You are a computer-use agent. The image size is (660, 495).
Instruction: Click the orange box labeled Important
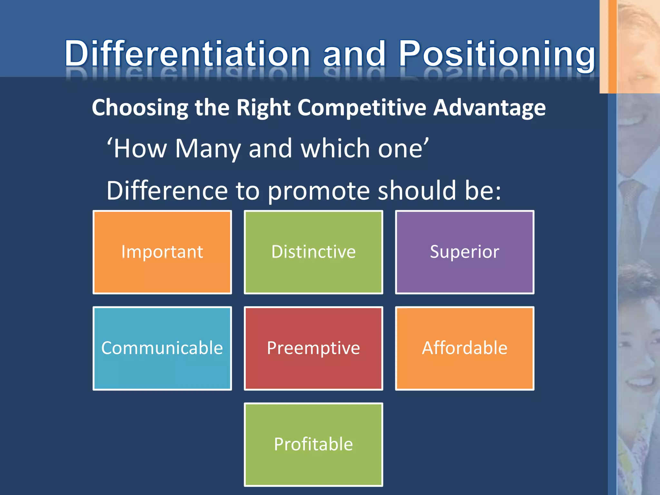click(x=162, y=252)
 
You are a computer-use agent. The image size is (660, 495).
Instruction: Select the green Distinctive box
click(x=313, y=252)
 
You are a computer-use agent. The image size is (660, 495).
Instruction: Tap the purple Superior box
click(x=464, y=252)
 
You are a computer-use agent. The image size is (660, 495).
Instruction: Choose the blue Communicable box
click(x=162, y=348)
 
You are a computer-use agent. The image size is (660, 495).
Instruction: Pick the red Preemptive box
click(x=313, y=348)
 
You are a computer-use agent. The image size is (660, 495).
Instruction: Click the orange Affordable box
click(x=464, y=348)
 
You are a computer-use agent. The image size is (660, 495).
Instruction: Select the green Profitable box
click(x=313, y=444)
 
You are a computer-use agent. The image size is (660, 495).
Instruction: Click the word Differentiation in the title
click(x=187, y=53)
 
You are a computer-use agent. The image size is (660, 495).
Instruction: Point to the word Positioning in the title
click(x=496, y=53)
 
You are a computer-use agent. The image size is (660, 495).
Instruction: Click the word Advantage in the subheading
click(x=489, y=107)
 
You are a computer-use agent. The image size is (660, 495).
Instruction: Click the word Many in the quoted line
click(x=208, y=149)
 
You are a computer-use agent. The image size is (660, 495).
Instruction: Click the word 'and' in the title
click(x=354, y=53)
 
